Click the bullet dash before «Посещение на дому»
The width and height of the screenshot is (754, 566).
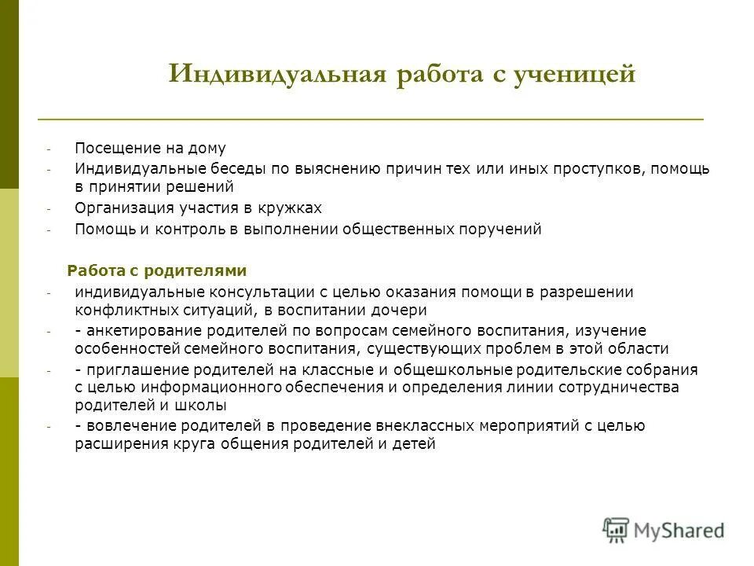(x=48, y=149)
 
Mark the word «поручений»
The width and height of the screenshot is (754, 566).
(x=503, y=230)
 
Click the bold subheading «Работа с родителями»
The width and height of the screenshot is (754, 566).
(x=157, y=270)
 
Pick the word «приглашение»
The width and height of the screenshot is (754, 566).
(x=129, y=369)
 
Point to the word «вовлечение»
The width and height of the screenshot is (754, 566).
(x=125, y=425)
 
